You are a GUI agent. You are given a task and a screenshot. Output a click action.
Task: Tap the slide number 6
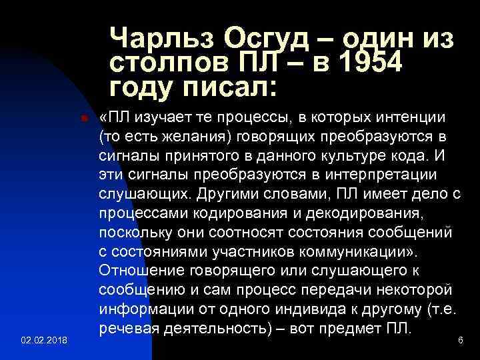click(x=460, y=340)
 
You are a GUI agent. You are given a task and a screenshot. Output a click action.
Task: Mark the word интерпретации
click(x=375, y=175)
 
